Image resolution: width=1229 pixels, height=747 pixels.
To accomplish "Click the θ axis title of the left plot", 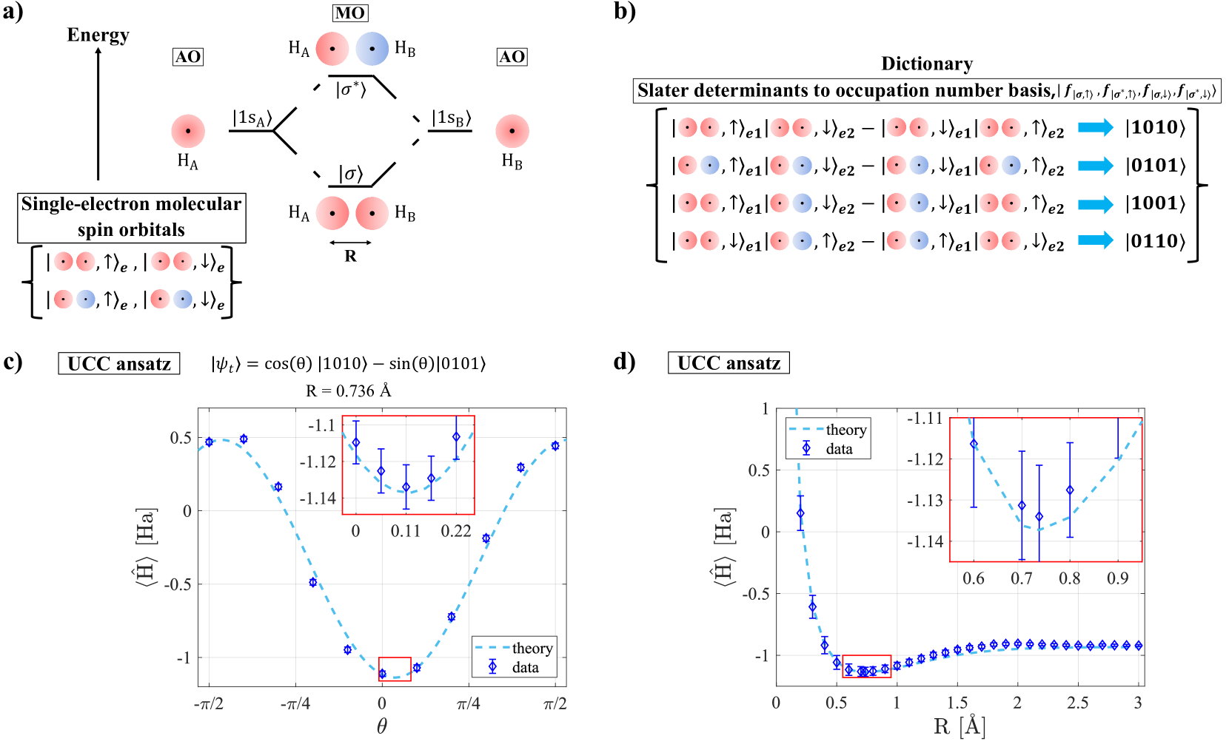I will [x=382, y=726].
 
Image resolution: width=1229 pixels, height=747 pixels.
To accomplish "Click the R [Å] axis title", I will [x=960, y=726].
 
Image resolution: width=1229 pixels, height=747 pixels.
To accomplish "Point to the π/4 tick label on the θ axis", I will [x=469, y=703].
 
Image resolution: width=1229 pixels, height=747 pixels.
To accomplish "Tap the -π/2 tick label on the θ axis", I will [x=209, y=703].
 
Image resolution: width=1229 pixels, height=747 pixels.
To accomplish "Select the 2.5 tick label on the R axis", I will [x=1077, y=702].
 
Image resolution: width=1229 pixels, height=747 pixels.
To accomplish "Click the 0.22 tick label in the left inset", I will [x=456, y=531].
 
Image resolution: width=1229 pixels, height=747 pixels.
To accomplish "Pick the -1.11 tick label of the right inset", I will [x=925, y=419].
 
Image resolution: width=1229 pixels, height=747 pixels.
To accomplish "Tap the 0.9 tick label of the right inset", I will [x=1118, y=578].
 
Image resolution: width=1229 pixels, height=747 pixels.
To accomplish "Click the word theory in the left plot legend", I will [x=532, y=649].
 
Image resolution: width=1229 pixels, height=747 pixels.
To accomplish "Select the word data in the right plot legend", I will [x=839, y=449].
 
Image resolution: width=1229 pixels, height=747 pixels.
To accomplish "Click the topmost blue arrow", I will [x=1096, y=127].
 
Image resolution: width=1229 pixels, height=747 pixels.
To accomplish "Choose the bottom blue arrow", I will [x=1096, y=240].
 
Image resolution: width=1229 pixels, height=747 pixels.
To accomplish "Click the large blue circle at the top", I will [x=372, y=49].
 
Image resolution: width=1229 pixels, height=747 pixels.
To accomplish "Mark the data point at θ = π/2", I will [x=555, y=446].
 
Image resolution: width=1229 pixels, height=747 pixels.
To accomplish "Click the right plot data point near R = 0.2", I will [x=800, y=513].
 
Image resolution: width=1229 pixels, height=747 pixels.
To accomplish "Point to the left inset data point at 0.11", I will [x=406, y=487].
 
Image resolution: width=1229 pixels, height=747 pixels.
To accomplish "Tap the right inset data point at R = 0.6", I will [x=974, y=444].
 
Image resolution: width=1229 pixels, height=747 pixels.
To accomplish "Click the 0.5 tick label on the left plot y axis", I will [x=181, y=438].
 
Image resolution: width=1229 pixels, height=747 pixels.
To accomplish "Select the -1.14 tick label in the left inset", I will [x=318, y=498].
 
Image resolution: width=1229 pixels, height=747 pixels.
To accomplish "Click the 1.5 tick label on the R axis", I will [x=957, y=702].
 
